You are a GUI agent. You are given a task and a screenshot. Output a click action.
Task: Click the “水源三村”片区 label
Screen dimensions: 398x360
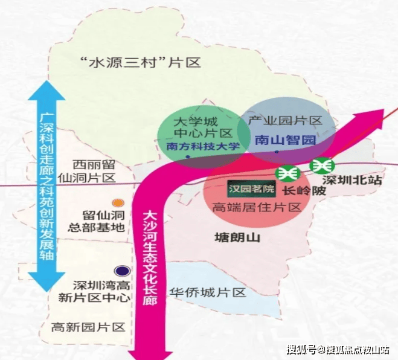coord(140,62)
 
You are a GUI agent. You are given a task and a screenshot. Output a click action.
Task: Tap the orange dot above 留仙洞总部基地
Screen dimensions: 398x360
coord(118,203)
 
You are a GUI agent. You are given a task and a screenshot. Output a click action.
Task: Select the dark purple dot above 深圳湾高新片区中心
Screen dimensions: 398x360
coord(123,271)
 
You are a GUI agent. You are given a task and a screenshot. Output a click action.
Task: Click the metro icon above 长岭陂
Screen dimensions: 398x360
coord(287,173)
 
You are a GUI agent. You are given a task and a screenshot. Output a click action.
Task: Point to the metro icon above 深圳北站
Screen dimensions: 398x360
coord(322,166)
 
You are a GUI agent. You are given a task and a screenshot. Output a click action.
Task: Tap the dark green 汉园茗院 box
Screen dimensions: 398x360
coord(252,189)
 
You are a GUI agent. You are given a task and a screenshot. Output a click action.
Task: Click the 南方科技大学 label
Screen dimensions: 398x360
coord(203,147)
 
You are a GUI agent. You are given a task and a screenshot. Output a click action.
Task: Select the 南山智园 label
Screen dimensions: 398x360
coord(285,140)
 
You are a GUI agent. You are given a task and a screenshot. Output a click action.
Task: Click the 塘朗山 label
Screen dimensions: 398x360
coord(237,238)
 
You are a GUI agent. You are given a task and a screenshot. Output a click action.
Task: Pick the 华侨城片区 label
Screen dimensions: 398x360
coord(208,293)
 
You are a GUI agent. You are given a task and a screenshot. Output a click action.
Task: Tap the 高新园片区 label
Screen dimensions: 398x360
coord(88,327)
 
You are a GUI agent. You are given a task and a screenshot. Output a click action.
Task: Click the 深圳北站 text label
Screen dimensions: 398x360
coord(352,181)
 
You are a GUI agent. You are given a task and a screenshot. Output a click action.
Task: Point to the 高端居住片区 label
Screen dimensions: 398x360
coord(257,207)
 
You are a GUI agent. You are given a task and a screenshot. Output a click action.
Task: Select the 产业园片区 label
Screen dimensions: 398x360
coord(285,121)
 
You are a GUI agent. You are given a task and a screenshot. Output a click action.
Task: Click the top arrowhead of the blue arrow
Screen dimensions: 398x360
coord(47,91)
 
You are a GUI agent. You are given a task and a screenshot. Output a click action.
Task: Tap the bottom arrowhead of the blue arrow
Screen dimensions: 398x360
coord(47,282)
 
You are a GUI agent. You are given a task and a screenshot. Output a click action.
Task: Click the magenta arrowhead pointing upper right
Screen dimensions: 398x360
coord(370,121)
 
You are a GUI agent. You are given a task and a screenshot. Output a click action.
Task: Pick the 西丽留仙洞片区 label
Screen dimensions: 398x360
coord(87,172)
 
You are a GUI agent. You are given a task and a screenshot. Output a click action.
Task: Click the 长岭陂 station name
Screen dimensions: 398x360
coord(304,191)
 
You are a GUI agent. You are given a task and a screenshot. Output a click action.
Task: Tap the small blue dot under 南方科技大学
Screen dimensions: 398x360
coord(188,157)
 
